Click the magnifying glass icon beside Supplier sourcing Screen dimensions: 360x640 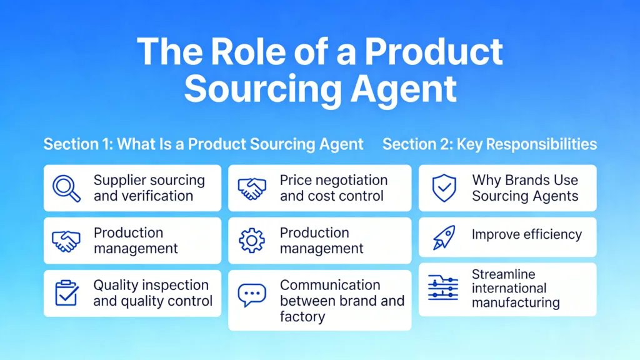[x=66, y=188]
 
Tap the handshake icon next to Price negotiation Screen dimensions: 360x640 [x=252, y=188]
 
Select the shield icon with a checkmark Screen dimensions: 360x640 [x=444, y=188]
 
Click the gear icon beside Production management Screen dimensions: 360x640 [x=252, y=241]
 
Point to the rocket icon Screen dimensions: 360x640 [x=444, y=237]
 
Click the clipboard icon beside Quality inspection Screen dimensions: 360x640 [x=66, y=293]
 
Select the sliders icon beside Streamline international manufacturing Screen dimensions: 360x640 [x=444, y=288]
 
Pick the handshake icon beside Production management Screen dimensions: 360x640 [x=66, y=241]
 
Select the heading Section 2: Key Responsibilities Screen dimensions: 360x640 [x=489, y=144]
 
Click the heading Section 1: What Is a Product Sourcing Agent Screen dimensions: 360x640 [x=203, y=144]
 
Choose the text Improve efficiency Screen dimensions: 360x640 [x=526, y=235]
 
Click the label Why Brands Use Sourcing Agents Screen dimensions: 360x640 [x=524, y=188]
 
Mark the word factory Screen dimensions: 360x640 [x=302, y=316]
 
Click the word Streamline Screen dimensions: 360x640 [x=503, y=274]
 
